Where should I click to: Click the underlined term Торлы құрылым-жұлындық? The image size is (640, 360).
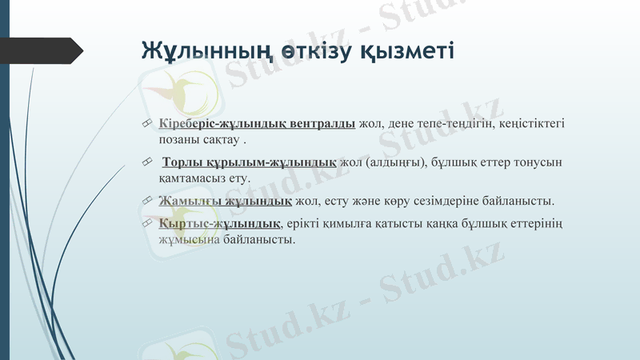[249, 162]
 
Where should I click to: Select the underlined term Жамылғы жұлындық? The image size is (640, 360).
[225, 200]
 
